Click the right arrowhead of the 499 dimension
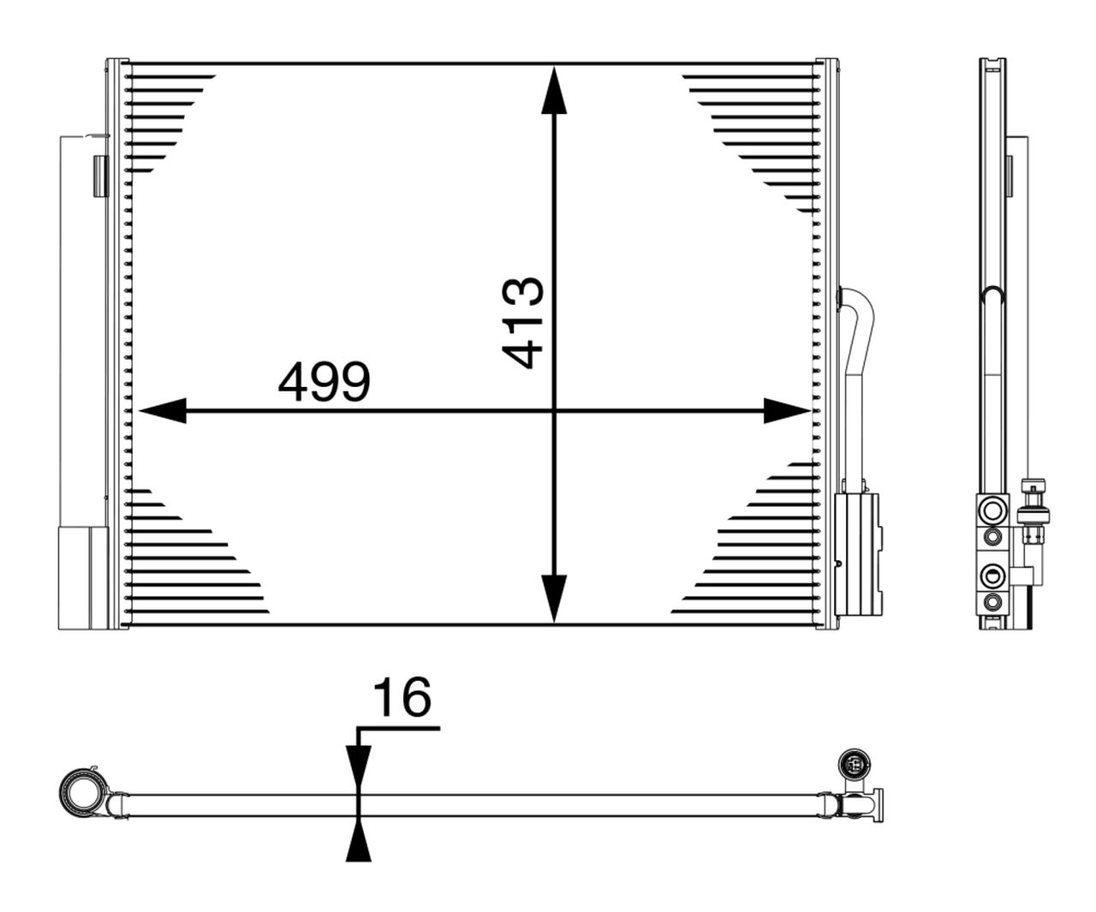point(786,411)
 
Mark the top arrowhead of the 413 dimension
point(555,91)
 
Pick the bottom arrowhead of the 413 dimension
point(555,598)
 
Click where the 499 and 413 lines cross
point(555,411)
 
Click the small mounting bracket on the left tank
point(100,175)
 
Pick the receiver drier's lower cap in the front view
point(83,577)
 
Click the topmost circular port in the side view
point(992,511)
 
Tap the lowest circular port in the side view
point(992,601)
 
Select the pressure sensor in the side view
point(1036,515)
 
